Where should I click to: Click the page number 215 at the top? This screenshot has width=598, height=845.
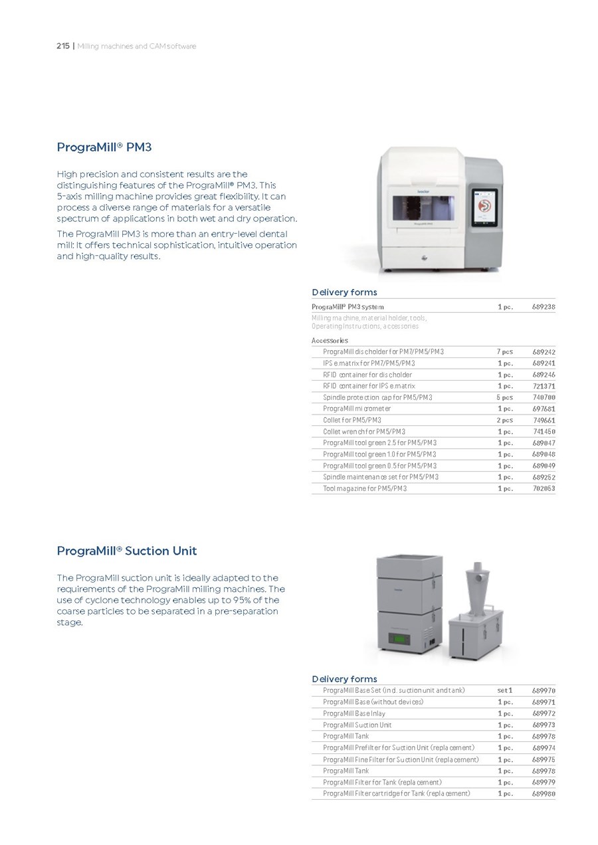click(63, 47)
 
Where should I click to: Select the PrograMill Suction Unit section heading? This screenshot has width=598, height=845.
click(126, 551)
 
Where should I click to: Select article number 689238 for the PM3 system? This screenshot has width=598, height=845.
click(544, 307)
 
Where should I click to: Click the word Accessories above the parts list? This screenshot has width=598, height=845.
click(330, 341)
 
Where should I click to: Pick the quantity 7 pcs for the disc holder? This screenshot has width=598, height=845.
click(505, 352)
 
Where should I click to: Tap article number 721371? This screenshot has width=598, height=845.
click(544, 386)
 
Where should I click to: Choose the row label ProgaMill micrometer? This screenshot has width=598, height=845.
click(357, 409)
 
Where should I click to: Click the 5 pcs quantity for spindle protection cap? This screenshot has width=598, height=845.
click(505, 398)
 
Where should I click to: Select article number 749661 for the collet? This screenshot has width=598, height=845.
click(544, 421)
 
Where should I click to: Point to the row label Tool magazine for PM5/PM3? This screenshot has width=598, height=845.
click(364, 489)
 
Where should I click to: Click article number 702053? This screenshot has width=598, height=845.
click(544, 489)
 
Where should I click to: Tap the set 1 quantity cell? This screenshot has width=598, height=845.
click(505, 691)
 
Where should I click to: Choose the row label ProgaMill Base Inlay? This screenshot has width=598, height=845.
click(353, 713)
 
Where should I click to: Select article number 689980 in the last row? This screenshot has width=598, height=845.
click(544, 794)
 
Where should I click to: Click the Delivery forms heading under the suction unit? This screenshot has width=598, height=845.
click(344, 679)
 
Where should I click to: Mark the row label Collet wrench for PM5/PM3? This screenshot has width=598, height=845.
click(363, 432)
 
